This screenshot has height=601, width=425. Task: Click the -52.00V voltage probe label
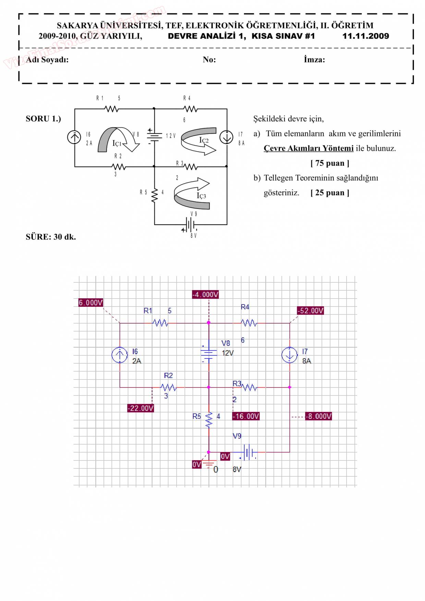[x=311, y=311]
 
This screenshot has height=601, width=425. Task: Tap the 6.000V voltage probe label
[x=91, y=303]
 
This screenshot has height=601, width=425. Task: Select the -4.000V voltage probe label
[x=205, y=295]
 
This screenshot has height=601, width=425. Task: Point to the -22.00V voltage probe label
[x=141, y=408]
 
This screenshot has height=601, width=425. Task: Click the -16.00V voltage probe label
[x=246, y=416]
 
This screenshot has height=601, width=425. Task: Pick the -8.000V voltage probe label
[x=318, y=416]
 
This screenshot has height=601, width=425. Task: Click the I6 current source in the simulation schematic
[x=120, y=355]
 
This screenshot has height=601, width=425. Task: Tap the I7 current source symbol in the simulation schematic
[x=290, y=355]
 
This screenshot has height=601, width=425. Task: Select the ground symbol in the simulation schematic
[x=208, y=464]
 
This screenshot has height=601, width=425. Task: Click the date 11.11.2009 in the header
[x=365, y=36]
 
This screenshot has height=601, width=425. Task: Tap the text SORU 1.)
[x=43, y=119]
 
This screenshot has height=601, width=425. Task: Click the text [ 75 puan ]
[x=330, y=163]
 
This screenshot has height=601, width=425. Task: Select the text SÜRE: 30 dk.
[x=51, y=237]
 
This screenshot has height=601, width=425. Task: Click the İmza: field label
[x=314, y=60]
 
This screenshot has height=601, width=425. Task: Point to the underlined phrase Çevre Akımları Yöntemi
[x=308, y=148]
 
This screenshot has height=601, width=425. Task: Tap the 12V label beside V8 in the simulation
[x=228, y=353]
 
